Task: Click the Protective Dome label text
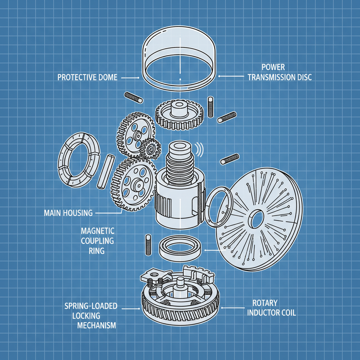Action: (87, 77)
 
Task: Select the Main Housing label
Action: (68, 213)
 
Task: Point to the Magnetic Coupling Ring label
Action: (97, 241)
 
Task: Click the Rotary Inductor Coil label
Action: (271, 308)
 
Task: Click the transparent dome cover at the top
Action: (180, 53)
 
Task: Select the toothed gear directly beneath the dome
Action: (180, 114)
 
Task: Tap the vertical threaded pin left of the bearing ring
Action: (148, 245)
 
